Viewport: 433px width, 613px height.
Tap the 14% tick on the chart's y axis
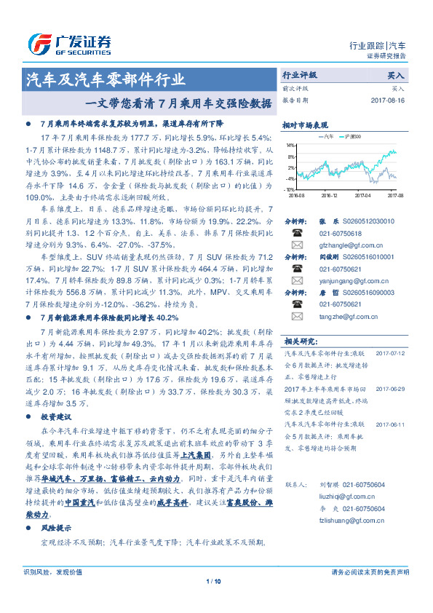290,146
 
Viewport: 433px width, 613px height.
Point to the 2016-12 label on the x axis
329,196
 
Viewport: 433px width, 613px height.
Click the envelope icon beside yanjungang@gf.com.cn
296,281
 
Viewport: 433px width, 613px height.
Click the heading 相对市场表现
305,124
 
